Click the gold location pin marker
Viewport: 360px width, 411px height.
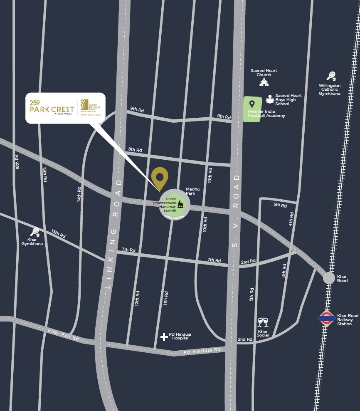coord(160,178)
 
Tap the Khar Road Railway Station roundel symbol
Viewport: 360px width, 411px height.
coord(327,319)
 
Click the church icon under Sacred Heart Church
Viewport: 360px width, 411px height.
coord(264,82)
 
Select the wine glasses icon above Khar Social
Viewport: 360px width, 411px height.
coord(263,322)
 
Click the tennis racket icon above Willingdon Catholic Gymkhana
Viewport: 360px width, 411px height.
coord(331,77)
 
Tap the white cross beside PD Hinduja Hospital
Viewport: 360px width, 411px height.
coord(164,337)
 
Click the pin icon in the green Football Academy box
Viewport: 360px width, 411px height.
coord(252,104)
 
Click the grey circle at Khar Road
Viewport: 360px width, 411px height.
coord(329,278)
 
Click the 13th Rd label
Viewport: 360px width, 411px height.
coord(59,234)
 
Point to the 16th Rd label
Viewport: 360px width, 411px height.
coord(17,162)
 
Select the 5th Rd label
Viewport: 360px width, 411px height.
coord(280,205)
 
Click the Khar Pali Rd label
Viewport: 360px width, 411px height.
coord(63,335)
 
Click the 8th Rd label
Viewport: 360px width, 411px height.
coord(135,150)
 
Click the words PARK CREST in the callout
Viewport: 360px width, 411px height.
coord(52,109)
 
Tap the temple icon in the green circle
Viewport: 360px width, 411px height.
coord(180,204)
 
